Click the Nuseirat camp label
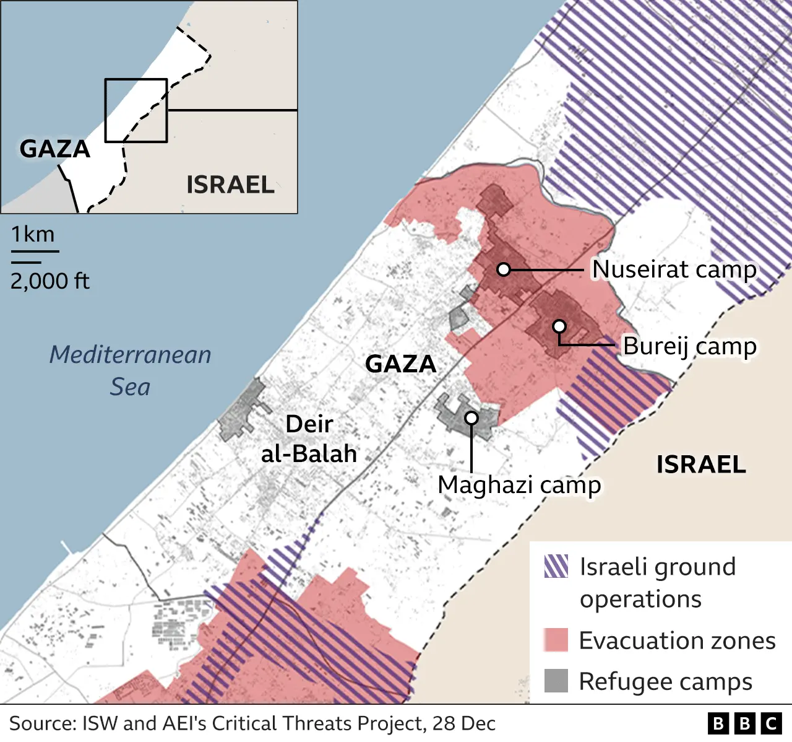pos(674,269)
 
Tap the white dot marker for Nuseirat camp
pos(504,269)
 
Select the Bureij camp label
pos(689,346)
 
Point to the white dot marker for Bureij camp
pos(559,326)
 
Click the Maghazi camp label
pos(519,485)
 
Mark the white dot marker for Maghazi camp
pos(471,418)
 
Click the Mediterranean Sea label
pos(130,370)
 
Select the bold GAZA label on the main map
pos(401,364)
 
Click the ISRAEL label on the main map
pos(701,465)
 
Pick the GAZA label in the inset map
pos(55,149)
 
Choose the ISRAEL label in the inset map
pos(230,185)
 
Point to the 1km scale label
pos(33,234)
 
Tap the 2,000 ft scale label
pos(49,281)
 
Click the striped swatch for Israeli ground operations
pos(556,567)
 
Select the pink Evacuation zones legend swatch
pos(556,640)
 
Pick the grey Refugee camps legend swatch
pos(556,681)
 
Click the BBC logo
pos(744,723)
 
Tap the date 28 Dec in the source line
pos(464,723)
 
